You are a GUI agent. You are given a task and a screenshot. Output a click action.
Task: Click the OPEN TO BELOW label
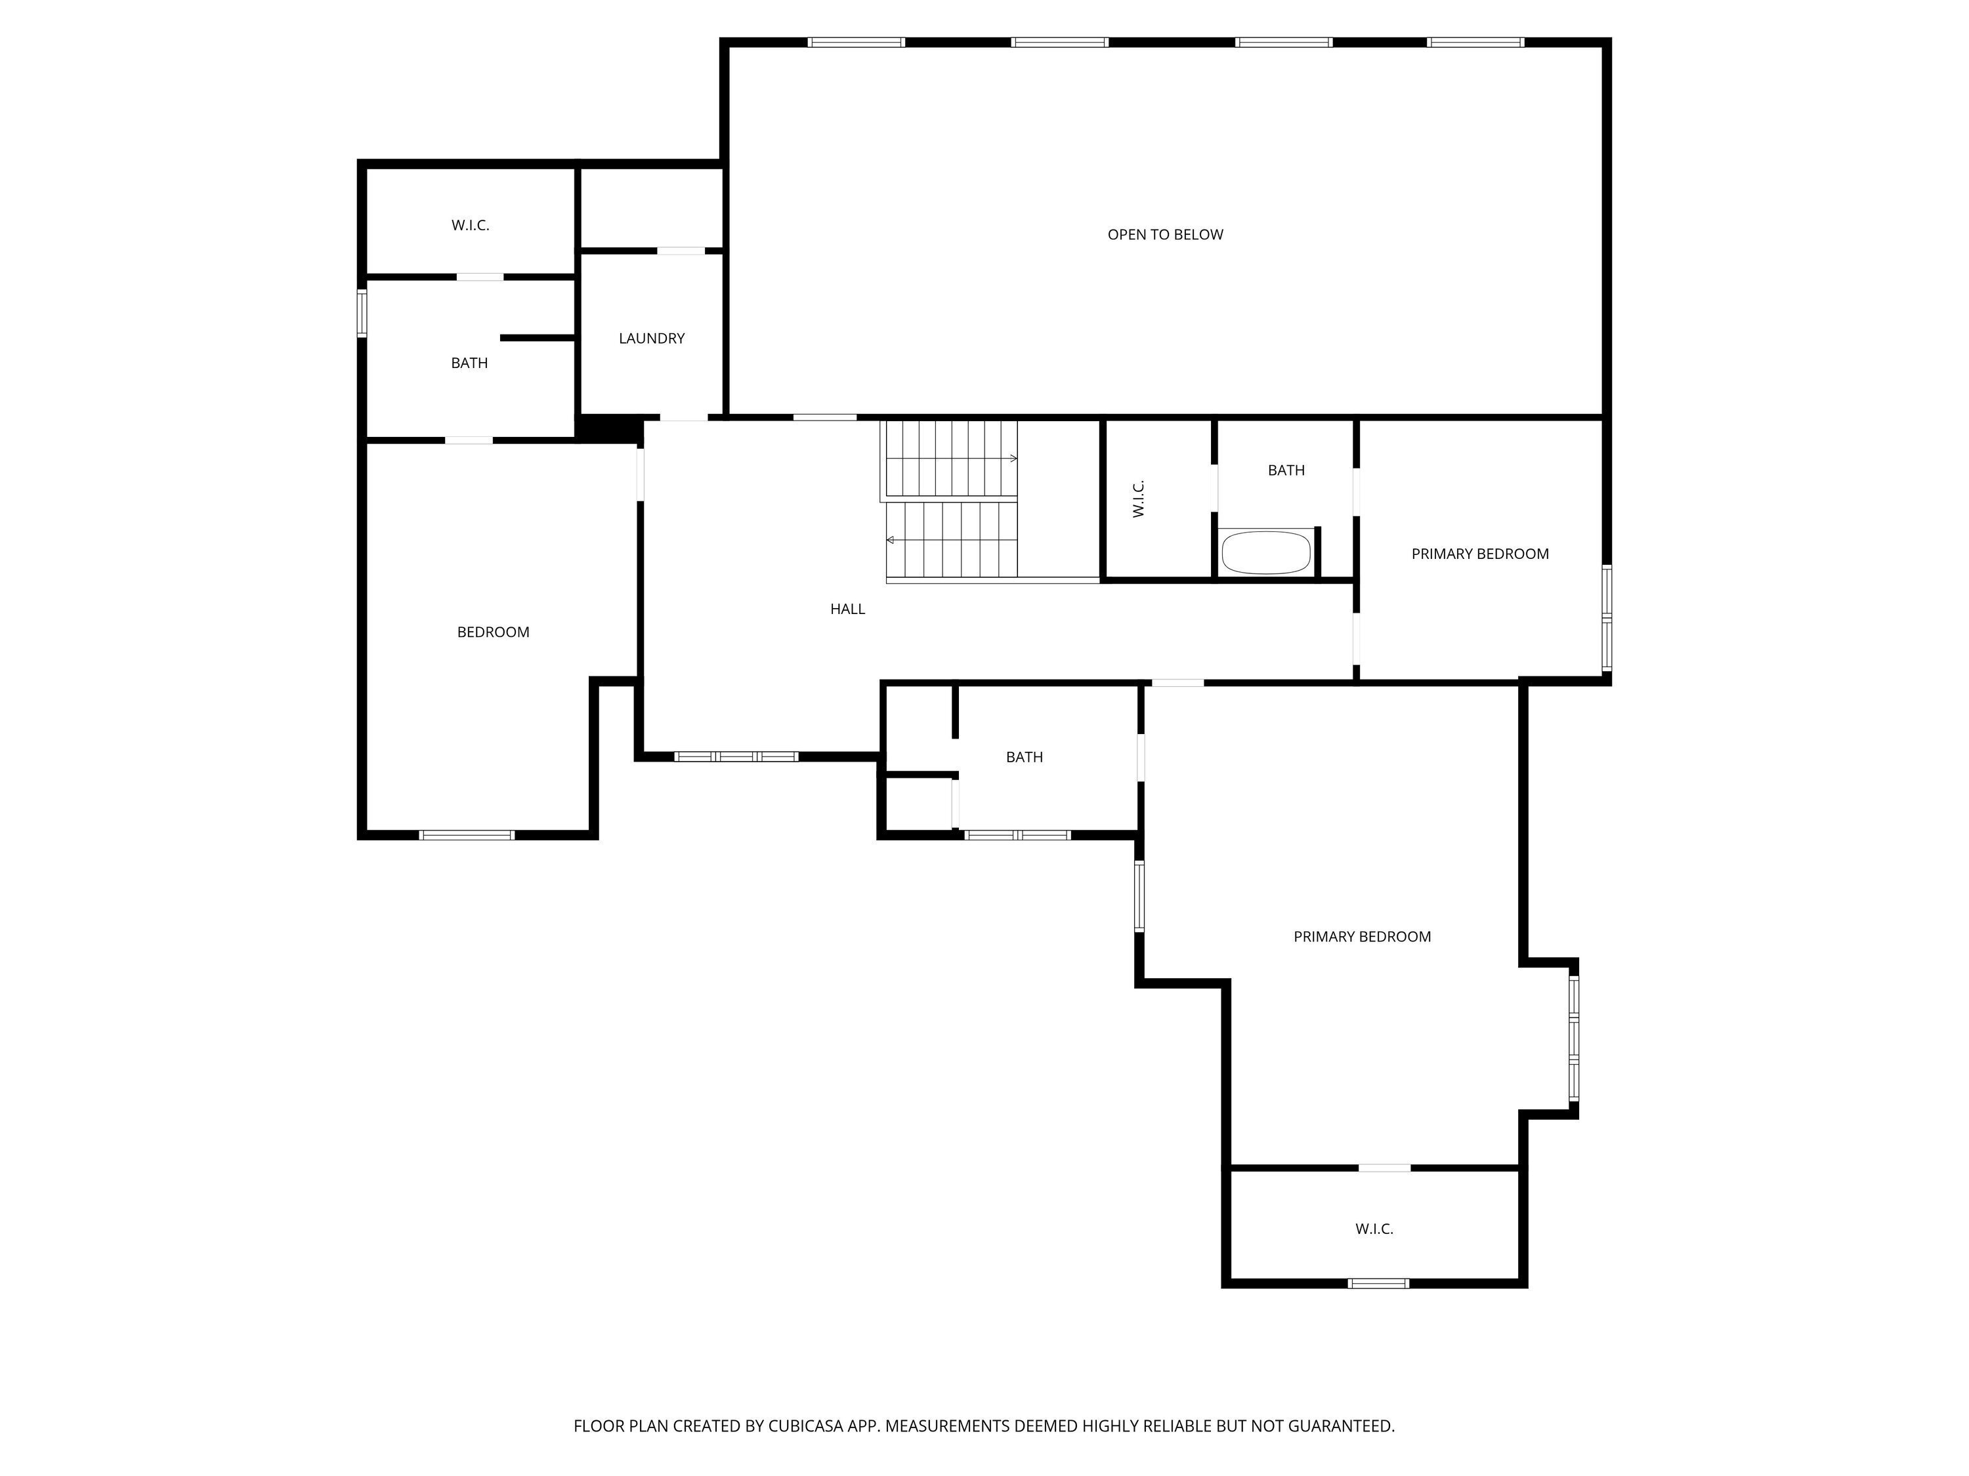tap(1164, 235)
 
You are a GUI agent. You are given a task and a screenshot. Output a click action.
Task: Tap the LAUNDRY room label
tap(652, 338)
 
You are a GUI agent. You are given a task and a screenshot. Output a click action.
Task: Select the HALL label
tap(847, 609)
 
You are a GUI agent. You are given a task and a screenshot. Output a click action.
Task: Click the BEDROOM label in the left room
tap(493, 632)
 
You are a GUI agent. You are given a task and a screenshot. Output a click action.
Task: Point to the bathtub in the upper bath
tap(1266, 552)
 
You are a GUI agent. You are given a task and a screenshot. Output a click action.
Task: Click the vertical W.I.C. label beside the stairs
tap(1139, 498)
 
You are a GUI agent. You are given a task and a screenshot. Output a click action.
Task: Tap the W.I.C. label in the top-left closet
tap(470, 226)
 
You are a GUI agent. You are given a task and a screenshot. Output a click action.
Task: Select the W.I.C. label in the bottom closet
tap(1374, 1229)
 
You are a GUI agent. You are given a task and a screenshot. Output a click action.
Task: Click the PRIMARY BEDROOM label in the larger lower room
tap(1362, 937)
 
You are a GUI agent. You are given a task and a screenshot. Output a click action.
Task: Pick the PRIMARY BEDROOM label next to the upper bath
tap(1479, 554)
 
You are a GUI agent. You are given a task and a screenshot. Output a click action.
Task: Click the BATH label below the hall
tap(1024, 757)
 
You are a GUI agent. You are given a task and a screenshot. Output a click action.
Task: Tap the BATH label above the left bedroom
tap(469, 363)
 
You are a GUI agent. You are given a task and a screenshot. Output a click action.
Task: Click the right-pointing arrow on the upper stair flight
tap(1013, 458)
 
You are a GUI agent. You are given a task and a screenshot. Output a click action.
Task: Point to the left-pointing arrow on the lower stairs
tap(890, 540)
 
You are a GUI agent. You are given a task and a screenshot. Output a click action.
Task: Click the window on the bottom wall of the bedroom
tap(467, 834)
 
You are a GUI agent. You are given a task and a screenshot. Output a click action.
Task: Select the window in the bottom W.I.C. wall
tap(1377, 1283)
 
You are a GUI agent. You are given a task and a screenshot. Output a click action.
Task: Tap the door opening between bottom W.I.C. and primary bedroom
tap(1384, 1167)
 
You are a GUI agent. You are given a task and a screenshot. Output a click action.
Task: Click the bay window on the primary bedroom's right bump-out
tap(1573, 1038)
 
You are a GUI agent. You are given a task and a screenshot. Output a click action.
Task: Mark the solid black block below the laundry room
tap(610, 429)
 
